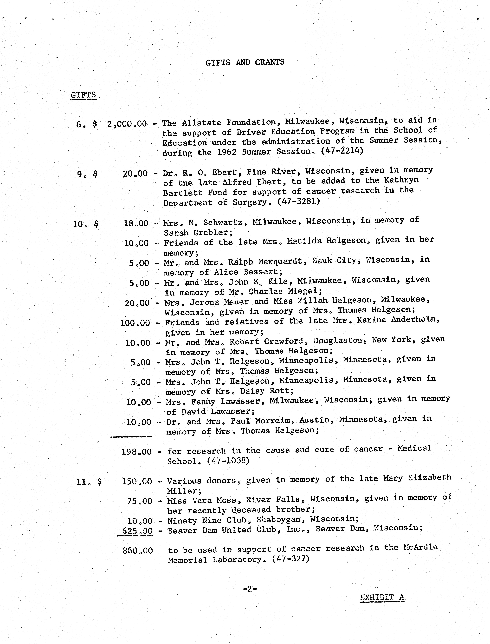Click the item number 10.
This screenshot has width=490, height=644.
click(x=78, y=224)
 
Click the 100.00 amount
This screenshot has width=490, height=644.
click(x=135, y=323)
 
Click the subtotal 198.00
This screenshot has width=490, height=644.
click(x=136, y=452)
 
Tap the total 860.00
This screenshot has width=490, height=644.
click(x=137, y=551)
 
